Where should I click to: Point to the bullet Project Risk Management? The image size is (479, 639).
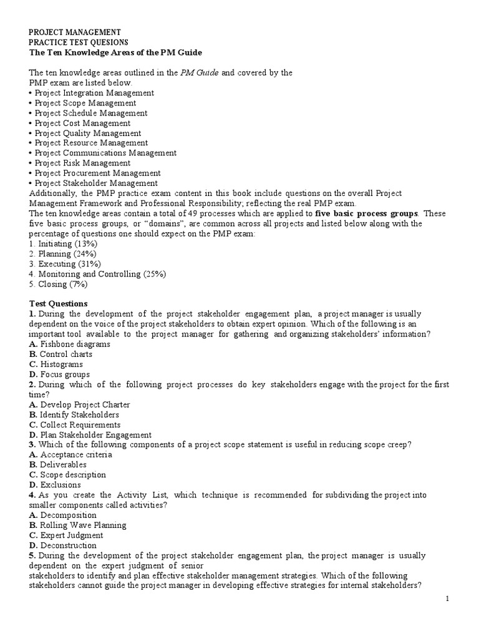click(x=82, y=163)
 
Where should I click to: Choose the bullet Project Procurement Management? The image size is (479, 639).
click(x=97, y=173)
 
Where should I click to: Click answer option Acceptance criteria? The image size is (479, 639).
click(x=76, y=454)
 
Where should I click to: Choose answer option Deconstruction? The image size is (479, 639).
click(x=68, y=545)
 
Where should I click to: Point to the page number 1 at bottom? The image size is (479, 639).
click(x=464, y=598)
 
